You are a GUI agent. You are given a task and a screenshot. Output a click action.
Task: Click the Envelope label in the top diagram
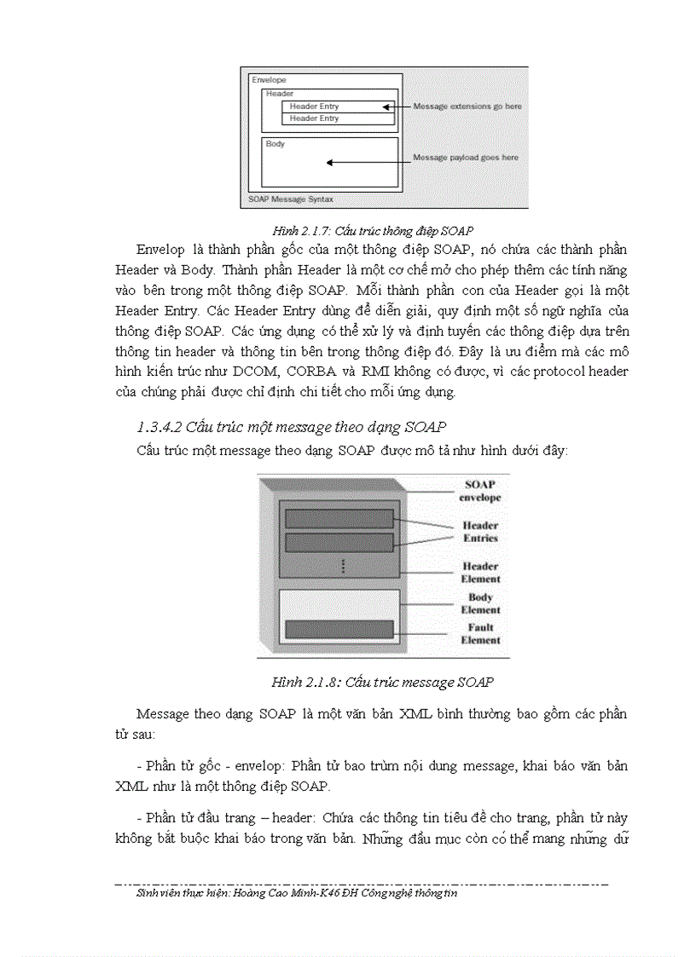coord(269,80)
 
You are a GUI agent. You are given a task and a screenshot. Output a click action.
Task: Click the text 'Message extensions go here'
coord(467,107)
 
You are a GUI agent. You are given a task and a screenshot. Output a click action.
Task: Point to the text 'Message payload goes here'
coord(465,158)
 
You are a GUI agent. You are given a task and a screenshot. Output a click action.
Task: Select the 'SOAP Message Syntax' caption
coord(290,199)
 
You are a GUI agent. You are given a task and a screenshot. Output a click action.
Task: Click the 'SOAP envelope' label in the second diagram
coord(480,491)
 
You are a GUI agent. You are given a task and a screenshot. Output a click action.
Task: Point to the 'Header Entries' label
coord(480,532)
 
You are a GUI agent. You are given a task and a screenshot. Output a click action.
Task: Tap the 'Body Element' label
coord(480,603)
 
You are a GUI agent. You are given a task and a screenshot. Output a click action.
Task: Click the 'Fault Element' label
coord(480,633)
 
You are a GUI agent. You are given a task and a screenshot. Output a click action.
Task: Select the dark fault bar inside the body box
coord(339,630)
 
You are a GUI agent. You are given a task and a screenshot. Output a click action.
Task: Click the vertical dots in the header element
coord(343,566)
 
